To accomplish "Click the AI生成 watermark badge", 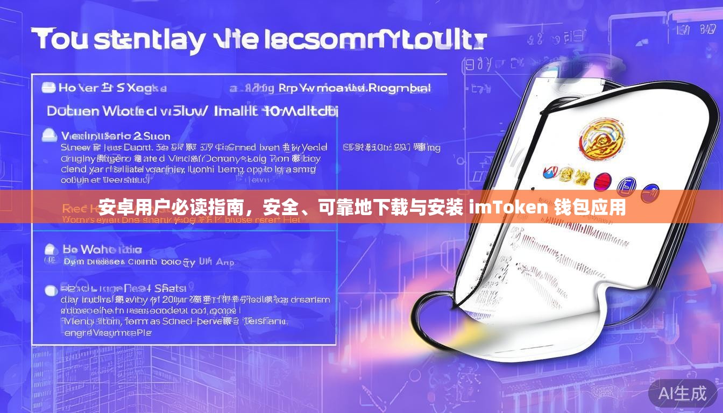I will pos(683,393).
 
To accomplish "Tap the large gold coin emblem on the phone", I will pos(602,138).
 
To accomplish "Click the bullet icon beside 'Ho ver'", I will pos(49,87).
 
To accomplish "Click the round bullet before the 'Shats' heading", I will pos(51,290).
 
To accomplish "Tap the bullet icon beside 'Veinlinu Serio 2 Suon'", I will pos(49,135).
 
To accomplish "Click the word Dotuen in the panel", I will pos(73,111).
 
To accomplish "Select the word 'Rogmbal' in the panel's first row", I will pos(398,88).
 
